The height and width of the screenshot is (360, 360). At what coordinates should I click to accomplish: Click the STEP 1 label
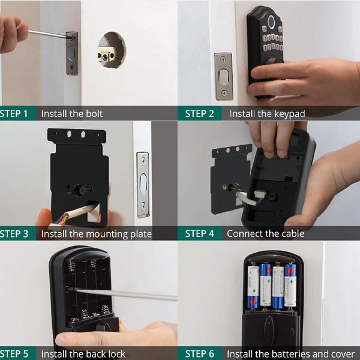(x=14, y=113)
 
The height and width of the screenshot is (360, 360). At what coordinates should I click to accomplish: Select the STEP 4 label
(x=200, y=233)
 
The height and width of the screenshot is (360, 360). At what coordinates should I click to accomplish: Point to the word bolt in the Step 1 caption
(x=94, y=113)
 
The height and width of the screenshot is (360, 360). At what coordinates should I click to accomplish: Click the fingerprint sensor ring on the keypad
(x=271, y=22)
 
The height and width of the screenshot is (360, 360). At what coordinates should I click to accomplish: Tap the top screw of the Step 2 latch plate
(x=223, y=59)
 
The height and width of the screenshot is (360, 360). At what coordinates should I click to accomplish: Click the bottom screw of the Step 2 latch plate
(x=224, y=93)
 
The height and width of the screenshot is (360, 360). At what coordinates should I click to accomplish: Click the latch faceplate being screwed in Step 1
(x=72, y=53)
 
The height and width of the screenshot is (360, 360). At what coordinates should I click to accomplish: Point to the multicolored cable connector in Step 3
(x=60, y=220)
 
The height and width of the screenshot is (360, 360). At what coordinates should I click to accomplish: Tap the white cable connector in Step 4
(x=260, y=194)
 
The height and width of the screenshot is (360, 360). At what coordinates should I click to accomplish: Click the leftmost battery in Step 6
(x=253, y=287)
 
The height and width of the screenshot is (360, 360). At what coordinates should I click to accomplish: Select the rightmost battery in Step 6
(x=290, y=286)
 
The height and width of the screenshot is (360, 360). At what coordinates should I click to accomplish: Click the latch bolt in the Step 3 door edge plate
(x=143, y=183)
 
